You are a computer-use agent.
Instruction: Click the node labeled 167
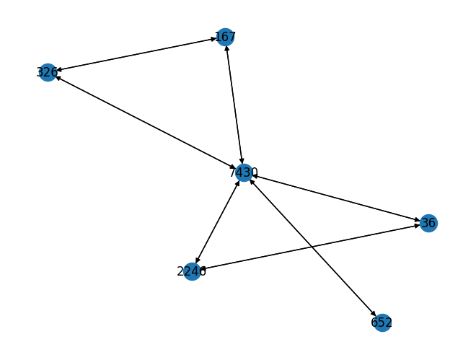click(226, 37)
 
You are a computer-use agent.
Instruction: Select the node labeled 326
click(48, 72)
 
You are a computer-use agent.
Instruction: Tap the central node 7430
click(244, 172)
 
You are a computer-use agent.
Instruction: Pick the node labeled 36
click(428, 223)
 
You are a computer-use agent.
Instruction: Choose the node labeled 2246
click(192, 271)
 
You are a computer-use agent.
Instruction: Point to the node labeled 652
click(382, 322)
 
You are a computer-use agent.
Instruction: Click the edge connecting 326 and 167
click(137, 54)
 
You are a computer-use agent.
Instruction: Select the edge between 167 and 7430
click(234, 105)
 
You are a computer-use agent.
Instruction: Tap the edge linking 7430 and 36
click(335, 198)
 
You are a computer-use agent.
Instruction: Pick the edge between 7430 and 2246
click(218, 221)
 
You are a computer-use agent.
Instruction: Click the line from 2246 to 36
click(310, 247)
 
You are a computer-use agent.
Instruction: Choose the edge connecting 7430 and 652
click(312, 247)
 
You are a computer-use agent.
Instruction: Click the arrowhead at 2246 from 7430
click(197, 261)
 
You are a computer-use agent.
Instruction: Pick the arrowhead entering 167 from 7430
click(227, 48)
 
